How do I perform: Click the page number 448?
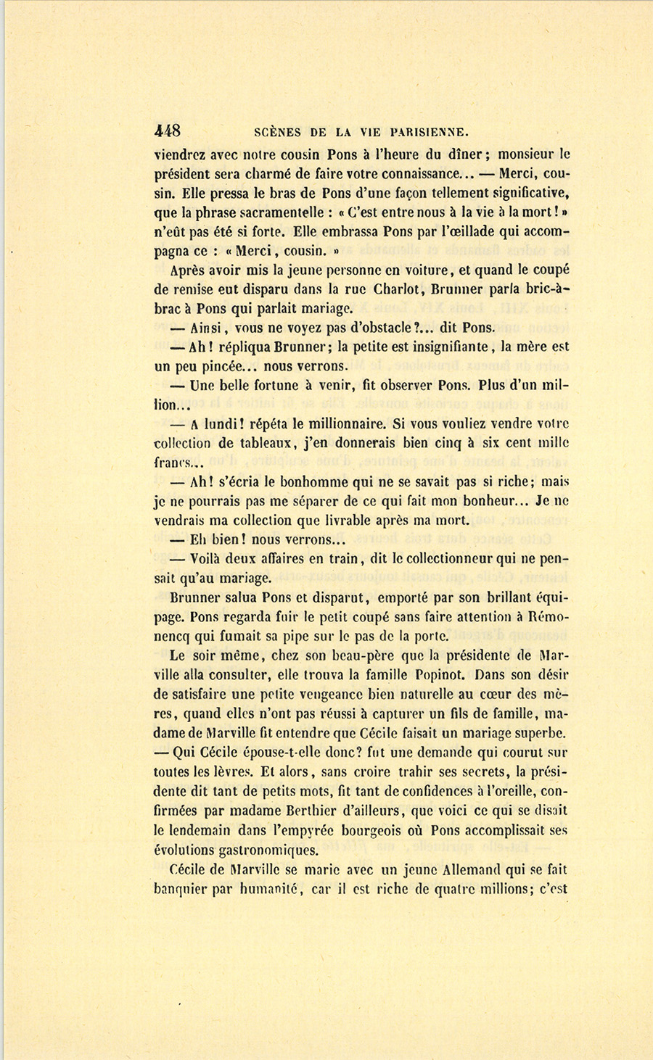pos(168,131)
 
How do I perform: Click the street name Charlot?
pos(392,288)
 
